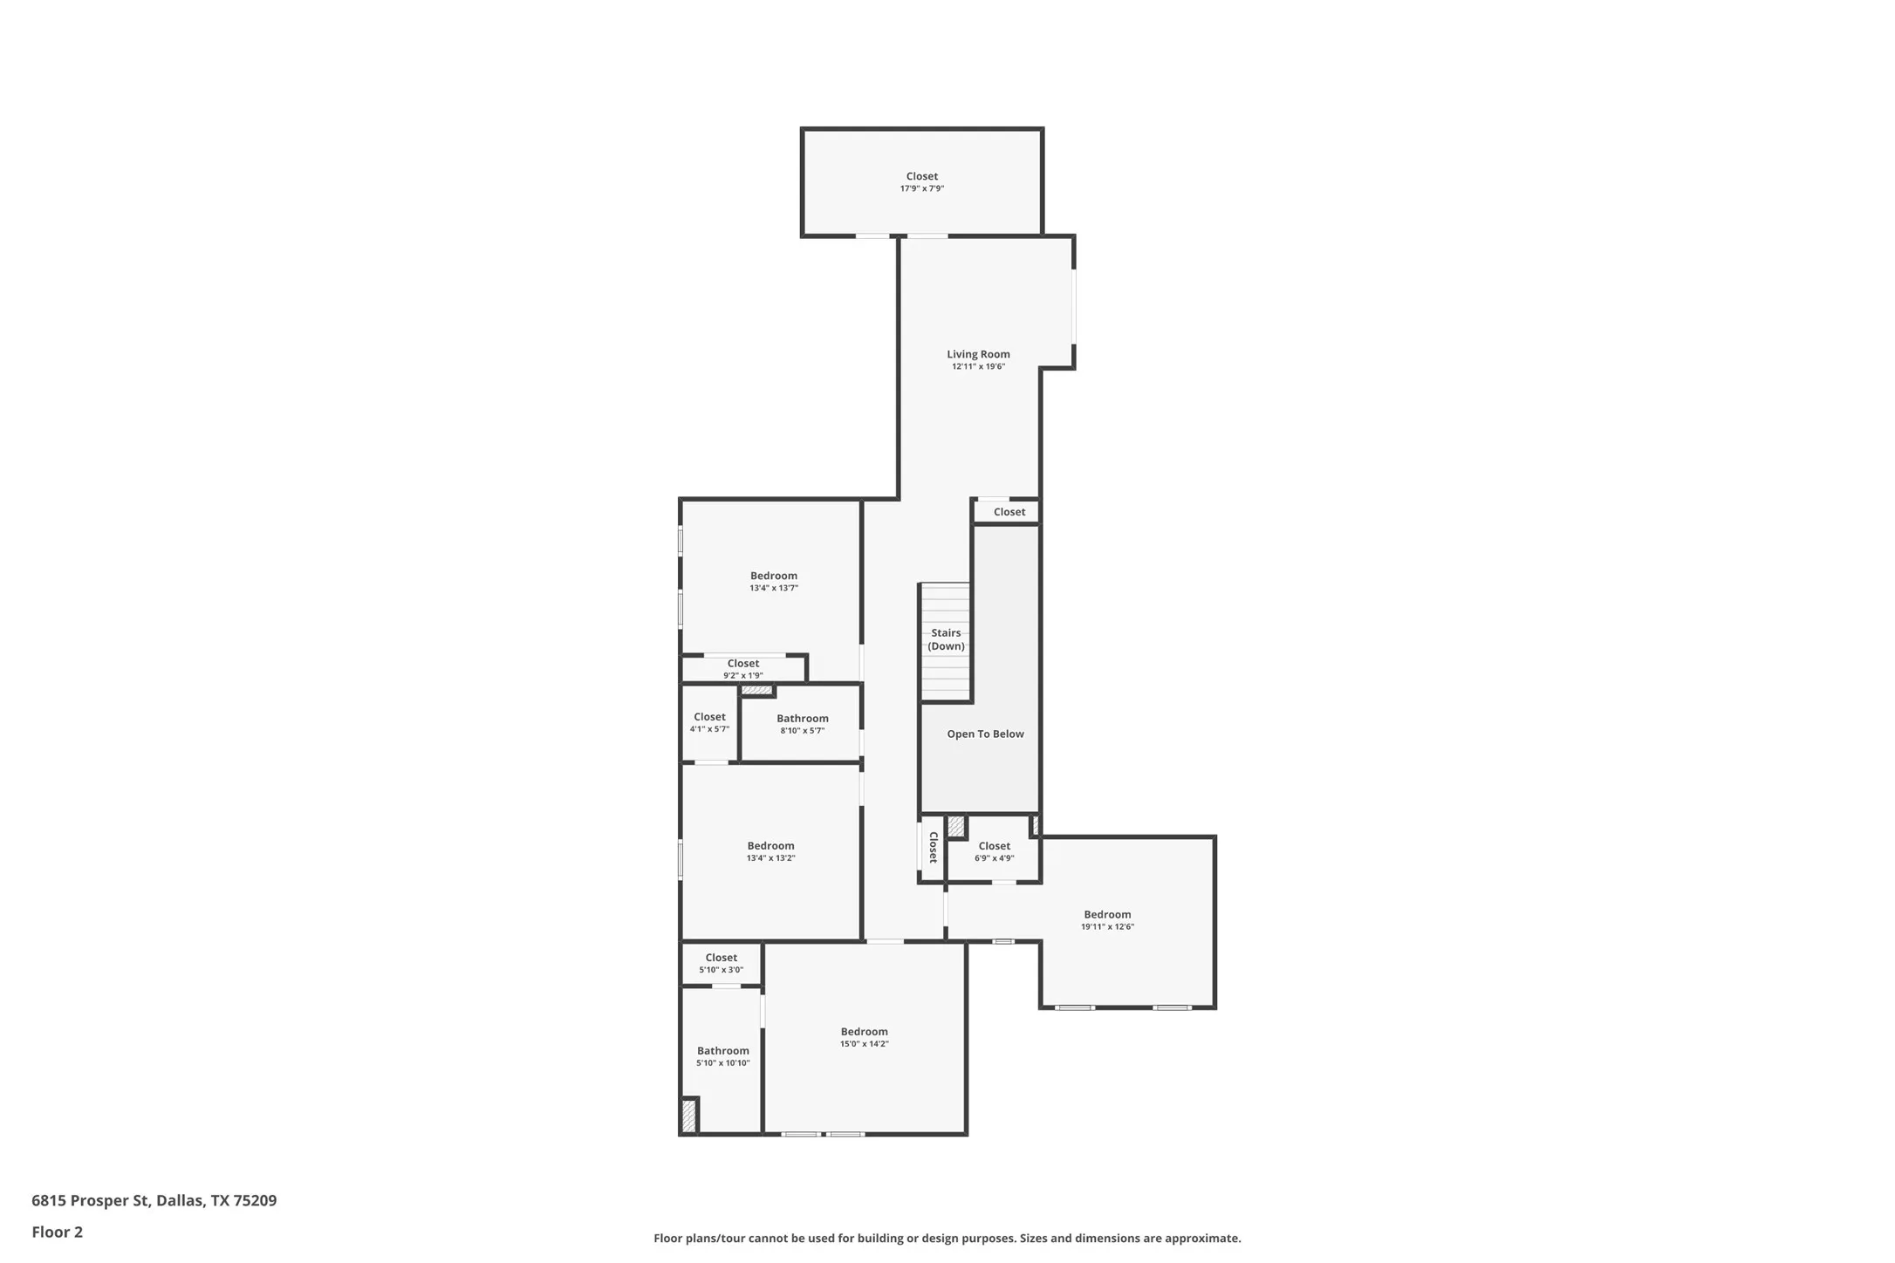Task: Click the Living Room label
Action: coord(978,354)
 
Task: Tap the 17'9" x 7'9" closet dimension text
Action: coord(921,189)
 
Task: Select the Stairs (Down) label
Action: coord(946,639)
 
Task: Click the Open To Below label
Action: coord(985,734)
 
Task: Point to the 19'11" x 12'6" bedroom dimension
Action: coord(1107,927)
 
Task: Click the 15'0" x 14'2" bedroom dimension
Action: coord(864,1044)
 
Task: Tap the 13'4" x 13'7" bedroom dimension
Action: coord(773,589)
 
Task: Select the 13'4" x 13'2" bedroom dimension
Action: coord(770,858)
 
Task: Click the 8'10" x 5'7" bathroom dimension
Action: coord(802,731)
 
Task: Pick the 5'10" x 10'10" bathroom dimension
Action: coord(722,1063)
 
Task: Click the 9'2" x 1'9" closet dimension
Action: coord(742,676)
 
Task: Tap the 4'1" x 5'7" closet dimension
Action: coord(709,729)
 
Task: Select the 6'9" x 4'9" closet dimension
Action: coord(994,858)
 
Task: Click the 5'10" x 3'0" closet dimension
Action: coord(721,970)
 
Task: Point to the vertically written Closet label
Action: coord(933,847)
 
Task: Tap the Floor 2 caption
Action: coord(57,1232)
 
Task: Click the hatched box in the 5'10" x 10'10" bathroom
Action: coord(688,1116)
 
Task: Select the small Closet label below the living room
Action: coord(1009,512)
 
